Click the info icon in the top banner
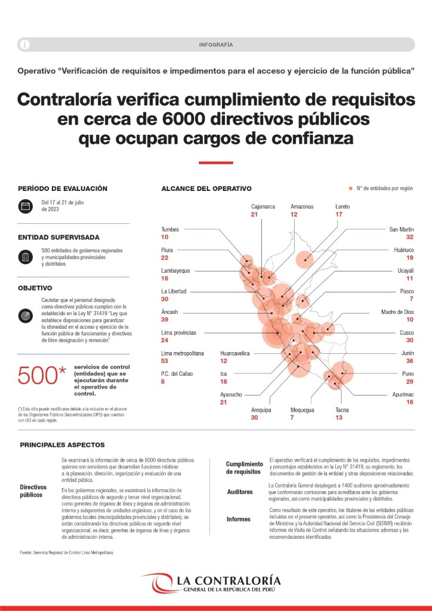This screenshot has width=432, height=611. (x=24, y=45)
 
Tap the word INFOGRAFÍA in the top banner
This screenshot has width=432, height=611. (x=215, y=45)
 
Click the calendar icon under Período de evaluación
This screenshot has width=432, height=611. (x=25, y=206)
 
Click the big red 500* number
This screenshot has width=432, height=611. (x=42, y=375)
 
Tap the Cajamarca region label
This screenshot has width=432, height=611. (x=263, y=206)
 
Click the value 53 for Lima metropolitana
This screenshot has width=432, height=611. (x=166, y=361)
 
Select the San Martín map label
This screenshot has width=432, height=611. (x=402, y=229)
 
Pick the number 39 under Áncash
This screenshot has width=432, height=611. (x=166, y=319)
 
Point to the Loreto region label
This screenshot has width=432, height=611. (x=342, y=206)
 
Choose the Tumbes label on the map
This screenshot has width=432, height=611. (x=170, y=229)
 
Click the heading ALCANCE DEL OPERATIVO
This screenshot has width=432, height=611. (x=206, y=189)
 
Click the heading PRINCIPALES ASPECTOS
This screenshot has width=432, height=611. (x=62, y=445)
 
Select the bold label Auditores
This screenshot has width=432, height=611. (x=240, y=492)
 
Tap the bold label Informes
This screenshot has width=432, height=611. (x=239, y=519)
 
